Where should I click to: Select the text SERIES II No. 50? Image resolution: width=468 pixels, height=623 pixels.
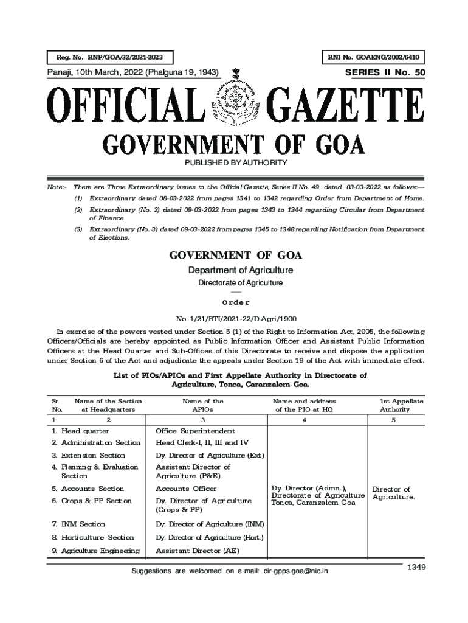point(385,73)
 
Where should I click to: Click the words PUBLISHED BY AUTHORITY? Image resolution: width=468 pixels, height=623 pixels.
point(235,163)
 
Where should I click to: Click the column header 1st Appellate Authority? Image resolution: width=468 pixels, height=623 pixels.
point(402,405)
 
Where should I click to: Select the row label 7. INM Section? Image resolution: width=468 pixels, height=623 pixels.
point(78,524)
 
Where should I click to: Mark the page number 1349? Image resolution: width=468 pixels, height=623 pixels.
point(416,567)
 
